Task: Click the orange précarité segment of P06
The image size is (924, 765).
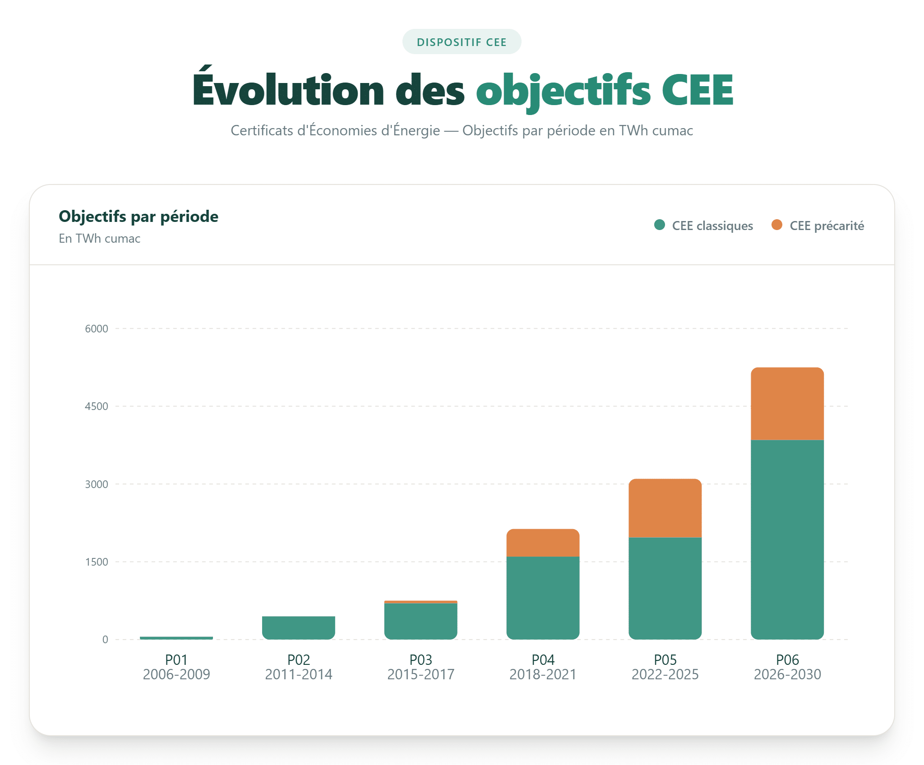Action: [x=787, y=404]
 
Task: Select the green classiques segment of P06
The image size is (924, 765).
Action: [x=787, y=539]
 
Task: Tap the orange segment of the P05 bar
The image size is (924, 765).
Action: [x=665, y=508]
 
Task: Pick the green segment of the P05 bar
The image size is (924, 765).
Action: [x=665, y=588]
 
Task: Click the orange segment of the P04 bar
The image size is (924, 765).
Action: [x=542, y=543]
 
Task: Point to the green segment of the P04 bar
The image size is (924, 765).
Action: [x=542, y=598]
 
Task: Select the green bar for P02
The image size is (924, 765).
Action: [x=298, y=627]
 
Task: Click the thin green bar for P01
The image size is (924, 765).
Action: [x=176, y=638]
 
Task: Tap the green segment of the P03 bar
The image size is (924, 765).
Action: [x=420, y=621]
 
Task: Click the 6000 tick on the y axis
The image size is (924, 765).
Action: [x=97, y=329]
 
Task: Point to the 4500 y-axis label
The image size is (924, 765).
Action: [x=97, y=406]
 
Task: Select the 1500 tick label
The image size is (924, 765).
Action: [x=97, y=562]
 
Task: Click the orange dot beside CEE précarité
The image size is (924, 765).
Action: [x=776, y=225]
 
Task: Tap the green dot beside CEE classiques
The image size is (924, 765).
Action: [x=659, y=225]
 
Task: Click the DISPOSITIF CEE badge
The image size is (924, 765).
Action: [x=462, y=42]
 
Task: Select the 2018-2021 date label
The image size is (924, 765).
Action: [x=542, y=674]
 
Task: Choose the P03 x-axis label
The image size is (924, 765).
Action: [x=420, y=660]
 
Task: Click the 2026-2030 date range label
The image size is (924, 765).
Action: [x=787, y=674]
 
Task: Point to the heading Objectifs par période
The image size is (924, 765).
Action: [x=139, y=217]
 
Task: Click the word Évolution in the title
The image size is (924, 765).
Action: [x=288, y=90]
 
